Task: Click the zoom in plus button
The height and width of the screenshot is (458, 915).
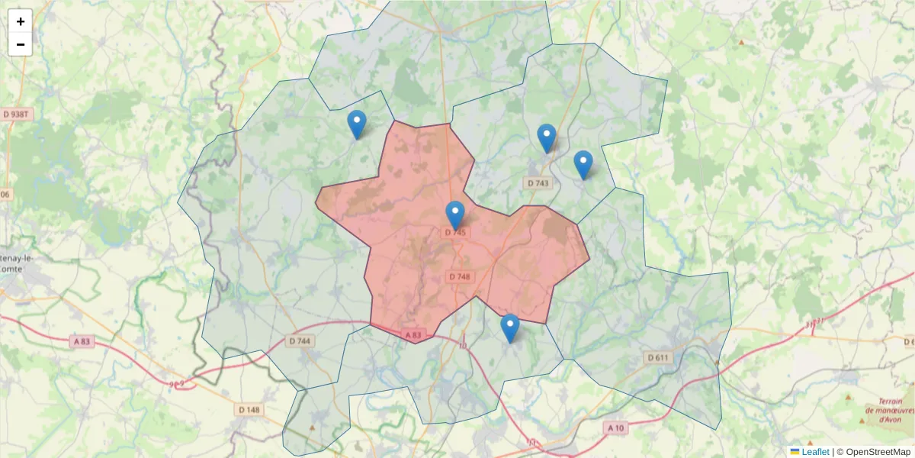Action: (x=21, y=21)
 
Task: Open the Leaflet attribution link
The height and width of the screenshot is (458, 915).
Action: (x=815, y=452)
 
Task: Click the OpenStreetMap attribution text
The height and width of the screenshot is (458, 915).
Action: (x=876, y=452)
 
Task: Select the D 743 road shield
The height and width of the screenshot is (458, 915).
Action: (x=538, y=183)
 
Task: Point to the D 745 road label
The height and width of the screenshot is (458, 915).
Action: (x=455, y=232)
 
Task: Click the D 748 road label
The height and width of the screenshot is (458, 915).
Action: (x=460, y=276)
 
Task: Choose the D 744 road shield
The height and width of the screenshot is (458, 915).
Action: (x=300, y=341)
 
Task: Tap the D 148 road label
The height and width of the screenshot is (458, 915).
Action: (x=249, y=410)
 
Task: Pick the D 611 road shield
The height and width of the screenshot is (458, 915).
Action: (x=657, y=357)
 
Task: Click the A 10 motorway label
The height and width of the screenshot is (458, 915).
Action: (x=615, y=428)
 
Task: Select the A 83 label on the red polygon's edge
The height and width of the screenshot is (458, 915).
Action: (x=413, y=335)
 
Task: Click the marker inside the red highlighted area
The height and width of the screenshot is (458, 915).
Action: (x=455, y=215)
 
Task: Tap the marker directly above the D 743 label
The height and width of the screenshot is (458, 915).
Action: (x=547, y=138)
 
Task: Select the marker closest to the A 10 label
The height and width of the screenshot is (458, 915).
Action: (x=510, y=328)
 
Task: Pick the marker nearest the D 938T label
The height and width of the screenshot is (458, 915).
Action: (x=356, y=124)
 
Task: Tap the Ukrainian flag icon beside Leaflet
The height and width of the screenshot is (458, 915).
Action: (x=795, y=452)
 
